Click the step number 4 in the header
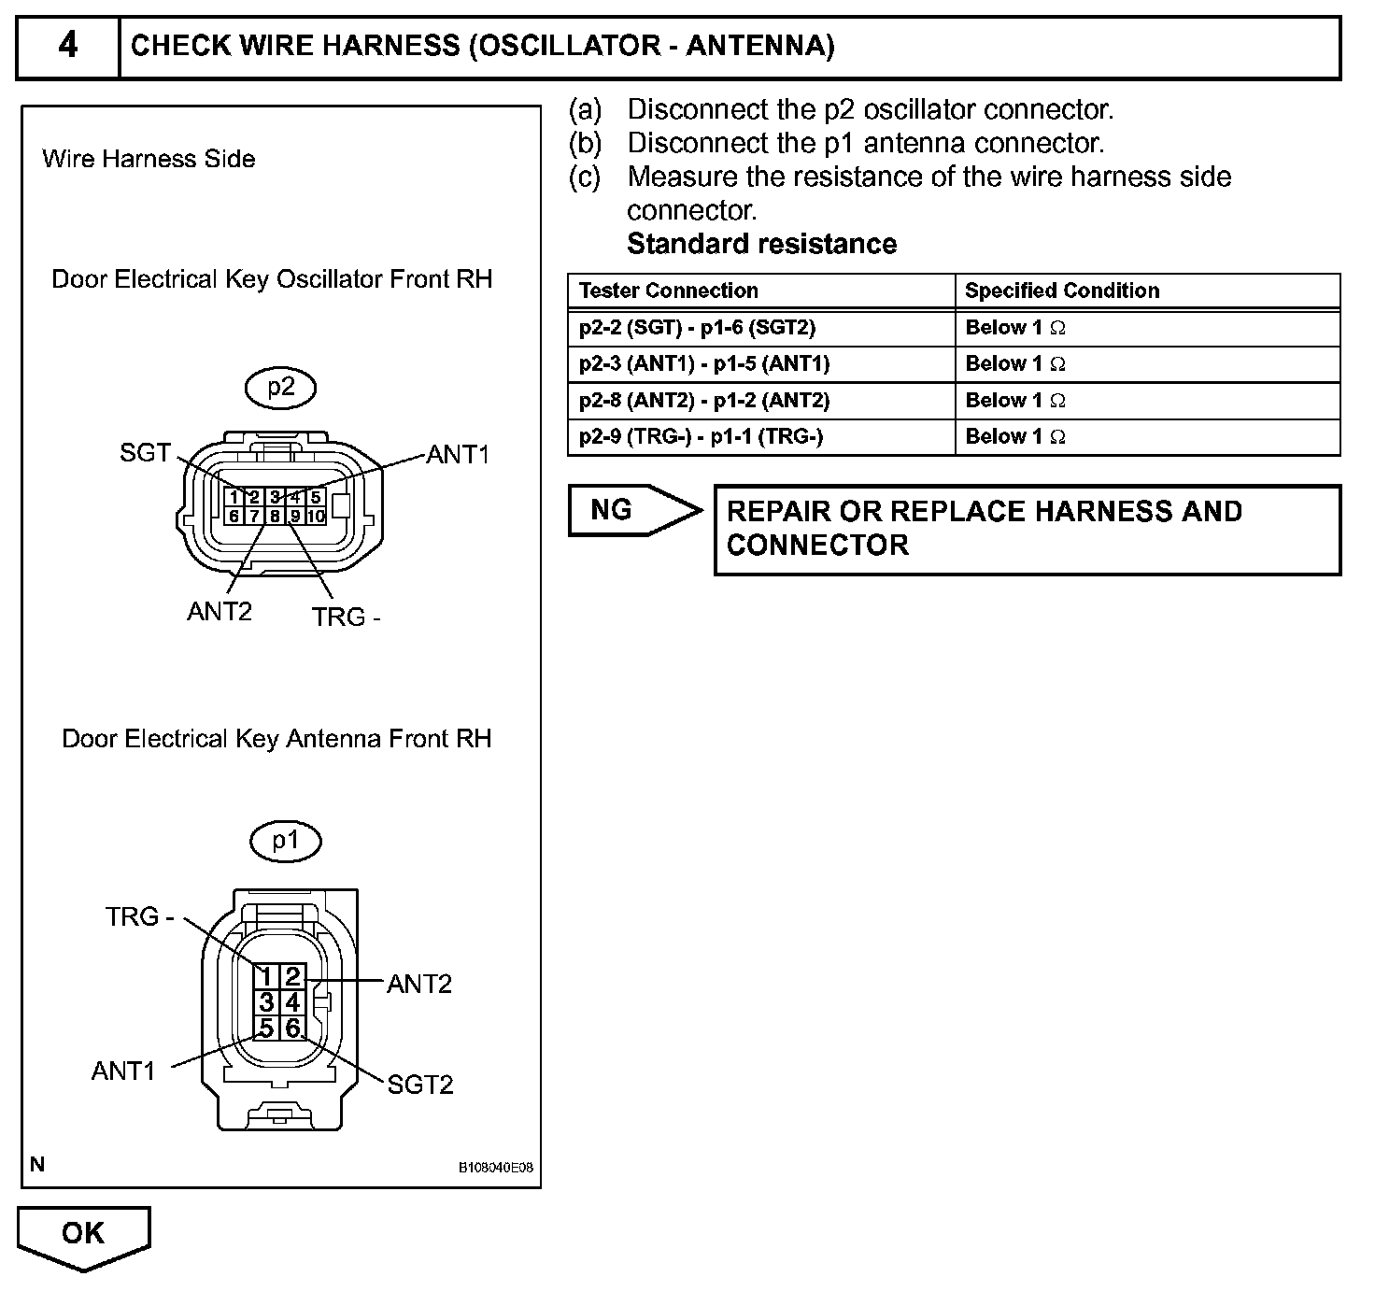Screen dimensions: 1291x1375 (68, 45)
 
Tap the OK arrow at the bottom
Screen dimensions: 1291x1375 (83, 1234)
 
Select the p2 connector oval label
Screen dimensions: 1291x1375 (281, 388)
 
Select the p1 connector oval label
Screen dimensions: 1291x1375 (285, 841)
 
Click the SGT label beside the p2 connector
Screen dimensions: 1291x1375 (145, 453)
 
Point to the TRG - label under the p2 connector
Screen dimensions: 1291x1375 (346, 617)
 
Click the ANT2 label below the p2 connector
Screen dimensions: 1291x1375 (220, 612)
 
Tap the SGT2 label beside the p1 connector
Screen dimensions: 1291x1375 (420, 1085)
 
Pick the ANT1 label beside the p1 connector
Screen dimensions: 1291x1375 (123, 1071)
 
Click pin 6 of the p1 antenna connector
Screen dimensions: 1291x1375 (292, 1029)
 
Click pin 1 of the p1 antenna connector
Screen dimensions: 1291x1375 (266, 977)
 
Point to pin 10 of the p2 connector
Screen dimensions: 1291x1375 (316, 516)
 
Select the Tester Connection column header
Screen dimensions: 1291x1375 (669, 291)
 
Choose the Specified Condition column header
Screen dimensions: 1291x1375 (1062, 291)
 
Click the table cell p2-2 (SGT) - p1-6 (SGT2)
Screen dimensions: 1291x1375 (697, 328)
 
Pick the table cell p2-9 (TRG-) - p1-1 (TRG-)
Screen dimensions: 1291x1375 (701, 436)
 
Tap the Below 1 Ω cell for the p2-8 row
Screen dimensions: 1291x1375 (1015, 401)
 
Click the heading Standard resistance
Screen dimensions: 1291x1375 (761, 244)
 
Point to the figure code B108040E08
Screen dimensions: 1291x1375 (495, 1168)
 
